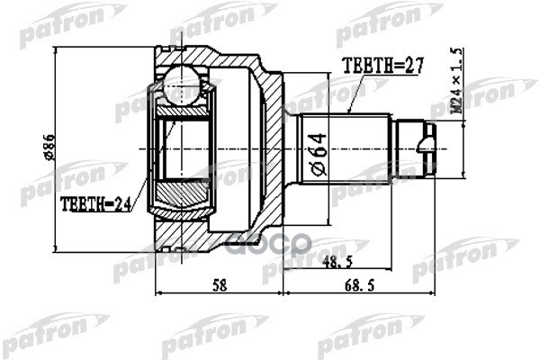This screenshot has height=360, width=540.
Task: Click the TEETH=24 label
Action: pyautogui.click(x=94, y=204)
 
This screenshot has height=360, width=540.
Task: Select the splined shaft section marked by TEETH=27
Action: pyautogui.click(x=346, y=144)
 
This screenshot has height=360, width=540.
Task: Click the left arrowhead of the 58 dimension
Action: pyautogui.click(x=160, y=292)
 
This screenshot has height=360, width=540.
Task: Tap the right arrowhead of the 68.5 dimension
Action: pyautogui.click(x=435, y=292)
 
